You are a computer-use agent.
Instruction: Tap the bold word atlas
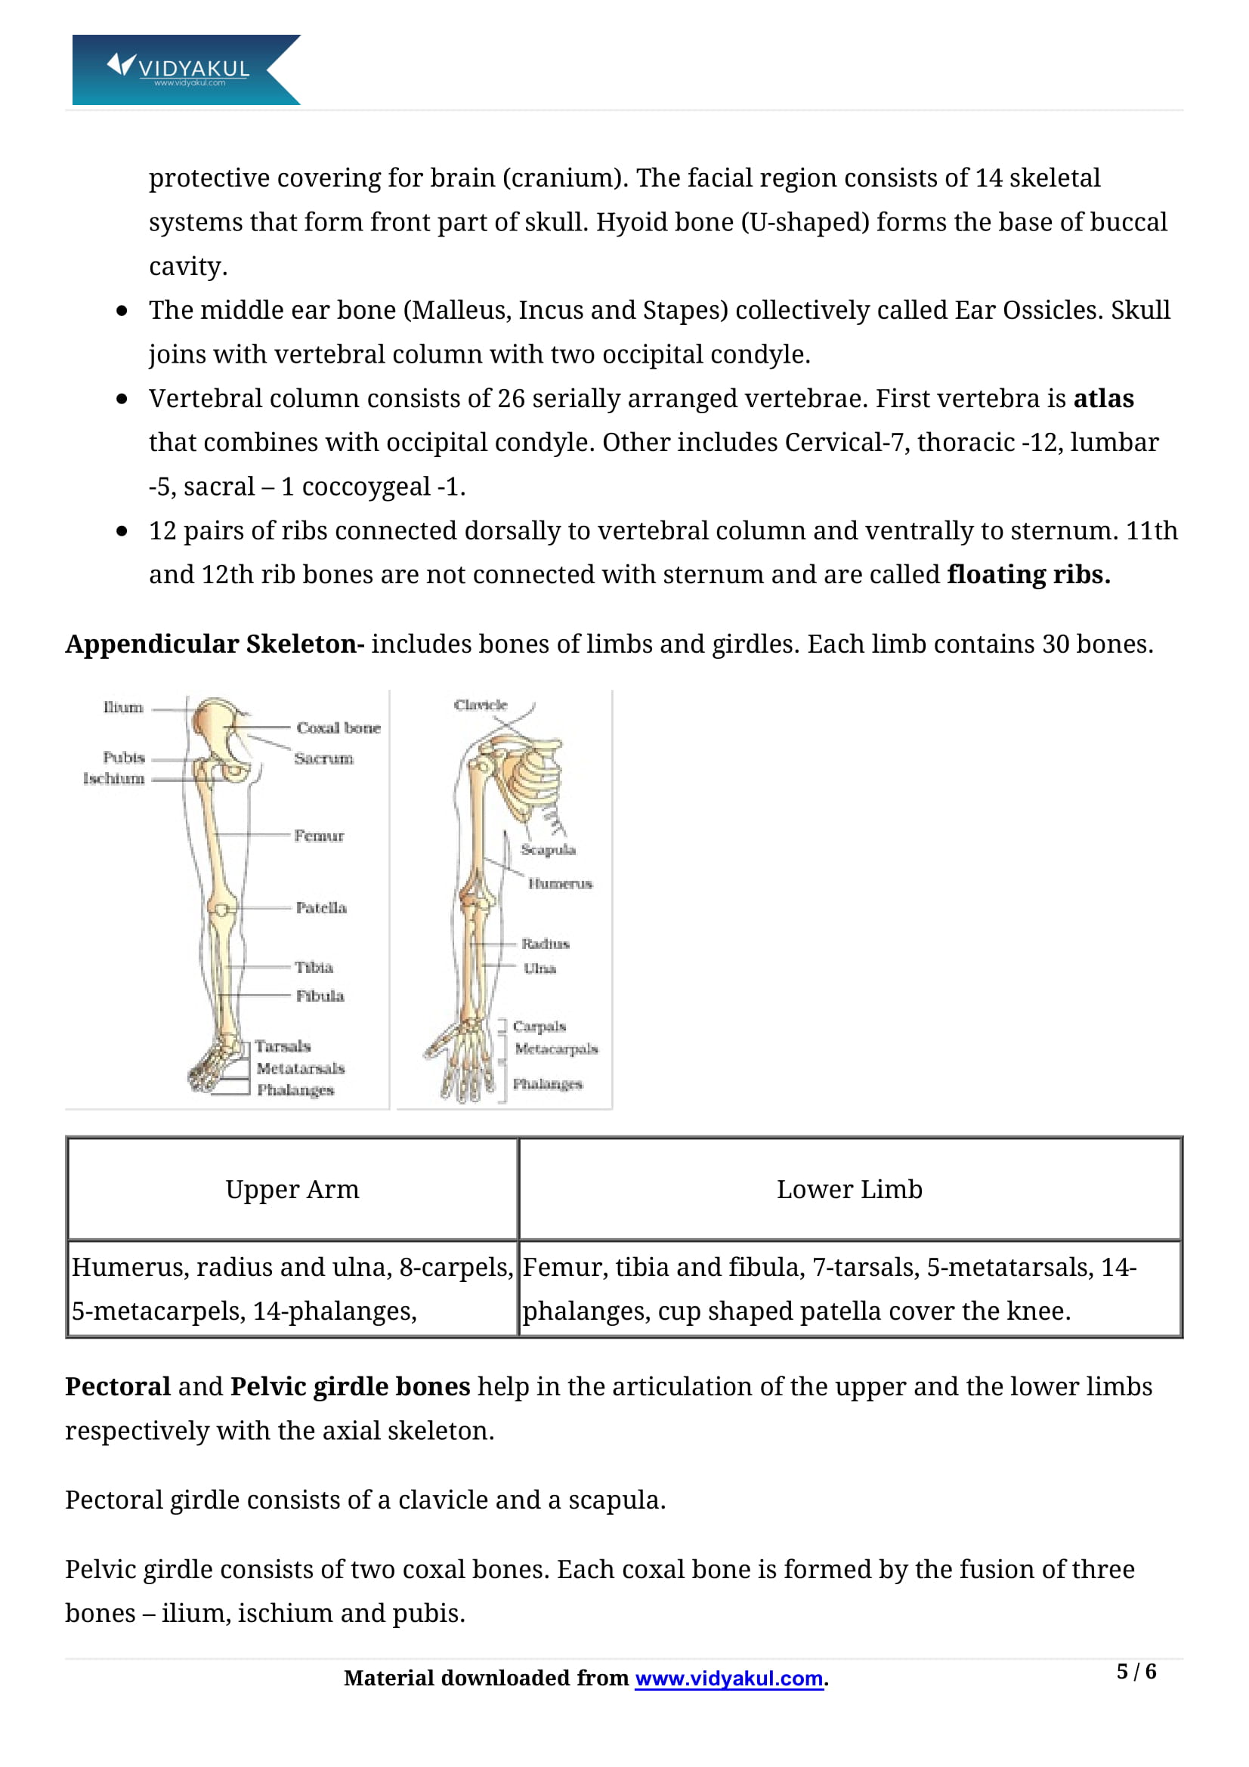[1102, 399]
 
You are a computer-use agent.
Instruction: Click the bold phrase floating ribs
[1028, 575]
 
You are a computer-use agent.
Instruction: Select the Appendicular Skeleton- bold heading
[214, 644]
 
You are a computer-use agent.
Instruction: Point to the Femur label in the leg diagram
[319, 835]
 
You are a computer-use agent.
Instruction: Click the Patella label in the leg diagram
[321, 908]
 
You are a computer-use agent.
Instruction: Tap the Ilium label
[123, 707]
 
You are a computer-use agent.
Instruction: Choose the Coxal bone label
[339, 727]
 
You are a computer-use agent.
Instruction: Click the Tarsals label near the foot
[283, 1046]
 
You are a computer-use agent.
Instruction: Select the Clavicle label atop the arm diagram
[481, 705]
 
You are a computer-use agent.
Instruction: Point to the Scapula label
[548, 850]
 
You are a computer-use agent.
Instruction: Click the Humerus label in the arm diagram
[560, 884]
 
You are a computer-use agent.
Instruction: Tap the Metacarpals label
[555, 1049]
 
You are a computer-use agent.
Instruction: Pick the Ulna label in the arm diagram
[539, 968]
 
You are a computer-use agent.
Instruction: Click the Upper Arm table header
[292, 1189]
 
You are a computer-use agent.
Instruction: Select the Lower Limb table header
[849, 1189]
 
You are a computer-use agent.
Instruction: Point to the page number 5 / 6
[1136, 1672]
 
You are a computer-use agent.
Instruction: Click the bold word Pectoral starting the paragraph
[118, 1386]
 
